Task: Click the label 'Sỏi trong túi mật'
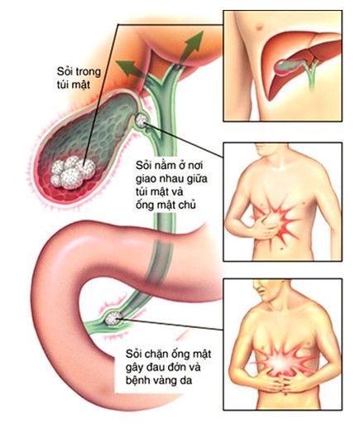pos(79,78)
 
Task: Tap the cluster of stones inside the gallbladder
pos(73,171)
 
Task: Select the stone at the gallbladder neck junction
pos(142,121)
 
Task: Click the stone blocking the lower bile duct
pos(113,318)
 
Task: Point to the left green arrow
pos(130,69)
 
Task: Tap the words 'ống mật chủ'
pos(166,205)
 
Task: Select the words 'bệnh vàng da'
pos(159,380)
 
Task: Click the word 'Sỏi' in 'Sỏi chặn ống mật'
pos(133,354)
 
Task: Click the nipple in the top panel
pos(259,27)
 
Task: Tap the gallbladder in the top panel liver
pos(287,65)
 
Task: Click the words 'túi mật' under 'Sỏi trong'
pos(73,85)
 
